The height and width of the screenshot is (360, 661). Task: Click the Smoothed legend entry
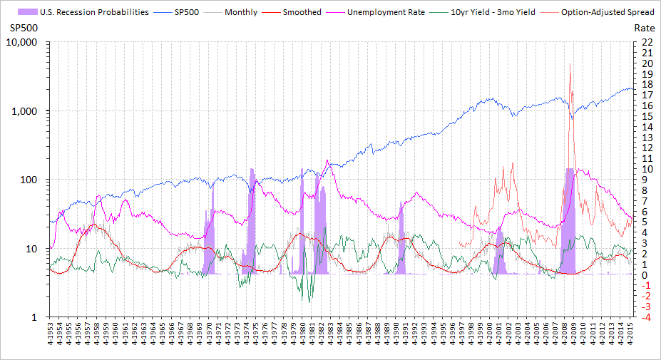pos(302,12)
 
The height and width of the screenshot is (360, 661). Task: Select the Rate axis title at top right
pos(643,27)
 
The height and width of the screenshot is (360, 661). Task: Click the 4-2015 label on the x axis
pos(630,336)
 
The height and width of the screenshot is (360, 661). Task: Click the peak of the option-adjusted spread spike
pos(570,63)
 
